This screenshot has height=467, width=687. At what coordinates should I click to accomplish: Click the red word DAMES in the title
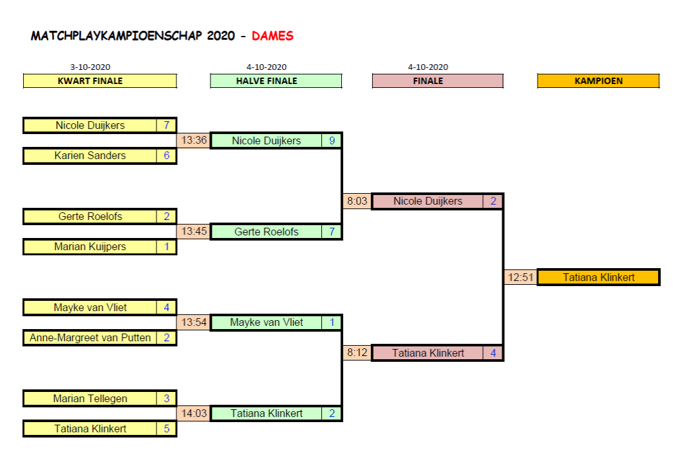tap(273, 36)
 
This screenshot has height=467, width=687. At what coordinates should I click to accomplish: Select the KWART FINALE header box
tap(99, 81)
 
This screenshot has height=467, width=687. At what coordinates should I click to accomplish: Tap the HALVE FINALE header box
tap(276, 81)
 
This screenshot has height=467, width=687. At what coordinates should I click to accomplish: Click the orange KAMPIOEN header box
tap(598, 81)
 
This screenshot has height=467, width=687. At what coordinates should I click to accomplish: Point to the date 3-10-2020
tap(90, 67)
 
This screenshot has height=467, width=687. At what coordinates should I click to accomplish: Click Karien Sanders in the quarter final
tap(90, 155)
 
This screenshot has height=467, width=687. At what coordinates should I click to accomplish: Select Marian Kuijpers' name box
tap(90, 246)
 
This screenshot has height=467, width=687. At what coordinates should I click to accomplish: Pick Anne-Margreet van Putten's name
tap(90, 337)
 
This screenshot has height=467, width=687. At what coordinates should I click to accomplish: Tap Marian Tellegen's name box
tap(90, 398)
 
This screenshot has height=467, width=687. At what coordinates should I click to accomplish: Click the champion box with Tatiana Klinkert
tap(598, 277)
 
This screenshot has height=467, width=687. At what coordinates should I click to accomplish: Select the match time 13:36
tap(193, 140)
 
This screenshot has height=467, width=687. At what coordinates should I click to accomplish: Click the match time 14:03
tap(193, 413)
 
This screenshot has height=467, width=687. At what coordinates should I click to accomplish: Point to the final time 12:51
tap(520, 277)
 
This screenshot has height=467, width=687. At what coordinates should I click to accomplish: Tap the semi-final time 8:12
tap(357, 353)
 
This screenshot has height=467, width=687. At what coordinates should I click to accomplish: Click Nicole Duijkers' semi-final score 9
tap(332, 140)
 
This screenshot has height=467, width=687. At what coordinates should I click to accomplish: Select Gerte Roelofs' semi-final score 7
tap(332, 232)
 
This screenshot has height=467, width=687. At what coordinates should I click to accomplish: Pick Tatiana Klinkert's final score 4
tap(493, 353)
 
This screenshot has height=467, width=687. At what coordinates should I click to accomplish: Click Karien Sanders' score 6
tap(166, 155)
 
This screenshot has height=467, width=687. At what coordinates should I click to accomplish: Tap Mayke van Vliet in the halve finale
tap(266, 322)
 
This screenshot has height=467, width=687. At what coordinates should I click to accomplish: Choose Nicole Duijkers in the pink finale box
tap(428, 201)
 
